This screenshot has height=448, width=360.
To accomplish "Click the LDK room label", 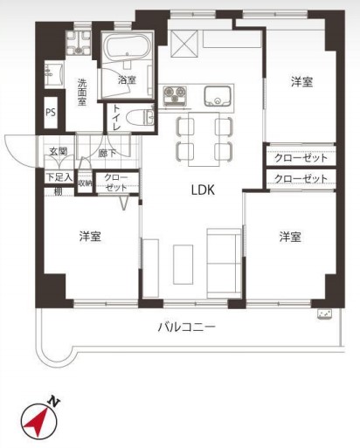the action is pyautogui.click(x=203, y=190).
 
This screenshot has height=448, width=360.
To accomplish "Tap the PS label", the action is pyautogui.click(x=51, y=113).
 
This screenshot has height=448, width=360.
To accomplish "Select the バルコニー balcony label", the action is pyautogui.click(x=187, y=327).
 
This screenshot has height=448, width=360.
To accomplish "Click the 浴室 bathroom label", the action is pyautogui.click(x=127, y=79).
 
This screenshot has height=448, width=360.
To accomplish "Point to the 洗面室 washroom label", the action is pyautogui.click(x=82, y=93).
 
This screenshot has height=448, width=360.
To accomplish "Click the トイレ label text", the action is pyautogui.click(x=116, y=117).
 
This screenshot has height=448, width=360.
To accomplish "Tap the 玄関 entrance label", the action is pyautogui.click(x=59, y=151).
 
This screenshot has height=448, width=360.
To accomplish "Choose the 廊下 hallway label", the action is pyautogui.click(x=107, y=153).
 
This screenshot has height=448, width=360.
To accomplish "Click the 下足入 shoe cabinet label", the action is pyautogui.click(x=59, y=177).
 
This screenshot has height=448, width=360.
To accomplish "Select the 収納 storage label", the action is pyautogui.click(x=85, y=183).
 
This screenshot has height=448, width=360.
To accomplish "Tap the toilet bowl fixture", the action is pyautogui.click(x=141, y=118).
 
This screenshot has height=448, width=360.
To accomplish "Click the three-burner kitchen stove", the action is pyautogui.click(x=175, y=95).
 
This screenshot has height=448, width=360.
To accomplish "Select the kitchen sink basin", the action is pyautogui.click(x=218, y=96).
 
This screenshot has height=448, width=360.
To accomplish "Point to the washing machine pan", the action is pyautogui.click(x=78, y=43).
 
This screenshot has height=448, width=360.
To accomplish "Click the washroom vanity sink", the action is pyautogui.click(x=54, y=74).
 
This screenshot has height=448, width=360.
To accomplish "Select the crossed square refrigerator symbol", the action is pyautogui.click(x=183, y=44).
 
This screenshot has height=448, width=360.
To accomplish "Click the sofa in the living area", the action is pyautogui.click(x=224, y=264).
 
